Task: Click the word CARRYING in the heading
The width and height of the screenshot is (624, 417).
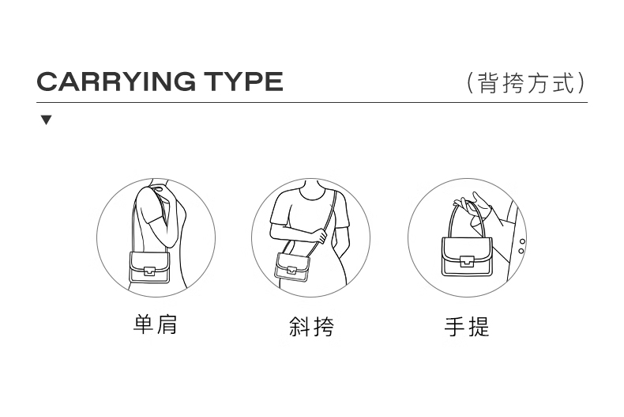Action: tap(116, 82)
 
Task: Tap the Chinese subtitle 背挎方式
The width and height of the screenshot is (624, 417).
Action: tap(527, 83)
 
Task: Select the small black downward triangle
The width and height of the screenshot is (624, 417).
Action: tap(47, 120)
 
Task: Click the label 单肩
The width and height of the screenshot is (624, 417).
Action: tap(155, 324)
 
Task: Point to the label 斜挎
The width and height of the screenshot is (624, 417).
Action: tap(311, 327)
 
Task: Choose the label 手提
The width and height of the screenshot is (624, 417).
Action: tap(467, 327)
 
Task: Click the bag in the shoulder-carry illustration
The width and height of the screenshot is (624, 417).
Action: tap(149, 267)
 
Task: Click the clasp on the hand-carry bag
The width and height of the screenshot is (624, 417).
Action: tap(467, 261)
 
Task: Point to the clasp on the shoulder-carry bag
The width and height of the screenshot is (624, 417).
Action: tap(149, 271)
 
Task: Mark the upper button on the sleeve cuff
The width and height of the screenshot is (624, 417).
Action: tap(522, 241)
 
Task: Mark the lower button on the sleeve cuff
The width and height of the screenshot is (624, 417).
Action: tap(521, 251)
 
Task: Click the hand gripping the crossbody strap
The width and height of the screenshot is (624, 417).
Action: tap(320, 235)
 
